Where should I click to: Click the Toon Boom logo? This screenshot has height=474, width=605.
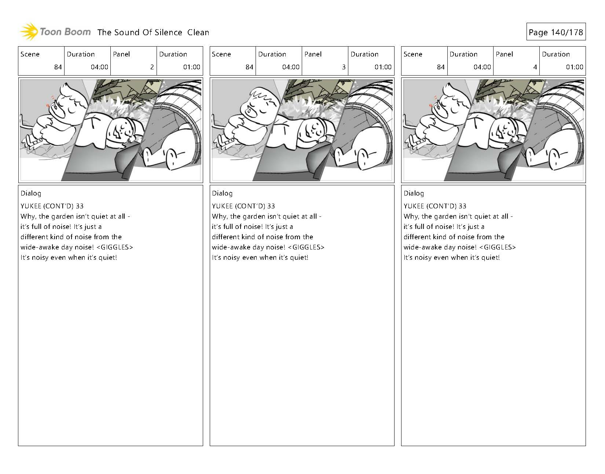pyautogui.click(x=55, y=32)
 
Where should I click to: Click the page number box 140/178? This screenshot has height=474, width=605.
pyautogui.click(x=555, y=32)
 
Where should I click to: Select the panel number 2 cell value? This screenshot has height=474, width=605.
pyautogui.click(x=152, y=67)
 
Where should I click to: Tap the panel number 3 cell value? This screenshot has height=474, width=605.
pyautogui.click(x=343, y=67)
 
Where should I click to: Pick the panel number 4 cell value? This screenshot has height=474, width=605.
pyautogui.click(x=535, y=67)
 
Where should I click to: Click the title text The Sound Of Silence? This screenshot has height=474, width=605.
pyautogui.click(x=140, y=32)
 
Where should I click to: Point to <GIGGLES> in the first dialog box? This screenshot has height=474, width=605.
pyautogui.click(x=114, y=247)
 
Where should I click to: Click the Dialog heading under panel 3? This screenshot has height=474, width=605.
pyautogui.click(x=222, y=193)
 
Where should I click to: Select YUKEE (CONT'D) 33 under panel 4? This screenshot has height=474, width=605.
pyautogui.click(x=435, y=206)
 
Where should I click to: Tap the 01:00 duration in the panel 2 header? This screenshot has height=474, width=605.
pyautogui.click(x=191, y=67)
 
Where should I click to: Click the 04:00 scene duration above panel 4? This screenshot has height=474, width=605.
pyautogui.click(x=482, y=67)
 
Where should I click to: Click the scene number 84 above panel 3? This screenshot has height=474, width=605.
pyautogui.click(x=249, y=67)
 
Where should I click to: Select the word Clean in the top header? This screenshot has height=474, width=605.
pyautogui.click(x=198, y=32)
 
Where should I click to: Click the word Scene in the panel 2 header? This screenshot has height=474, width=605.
pyautogui.click(x=30, y=54)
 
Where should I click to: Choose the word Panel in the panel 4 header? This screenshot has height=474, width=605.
pyautogui.click(x=504, y=54)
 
